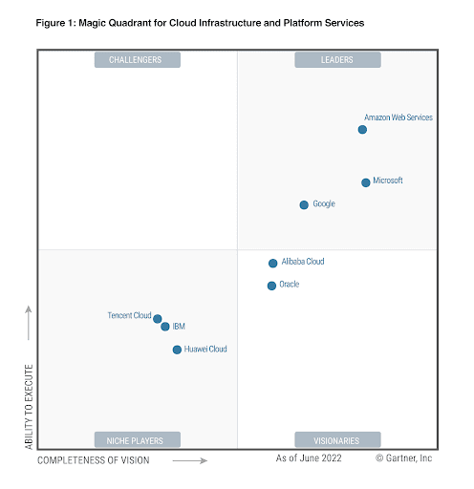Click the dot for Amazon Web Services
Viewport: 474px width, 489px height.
click(x=362, y=130)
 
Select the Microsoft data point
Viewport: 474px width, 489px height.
click(x=366, y=182)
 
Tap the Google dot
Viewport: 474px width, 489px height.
click(x=304, y=204)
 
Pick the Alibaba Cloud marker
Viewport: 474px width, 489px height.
click(x=272, y=264)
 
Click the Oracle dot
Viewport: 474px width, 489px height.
click(x=271, y=286)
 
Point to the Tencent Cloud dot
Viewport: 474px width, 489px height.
click(x=158, y=319)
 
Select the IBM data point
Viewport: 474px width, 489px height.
click(x=165, y=327)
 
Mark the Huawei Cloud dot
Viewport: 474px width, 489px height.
click(x=177, y=350)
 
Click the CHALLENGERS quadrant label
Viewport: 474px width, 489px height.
click(x=138, y=60)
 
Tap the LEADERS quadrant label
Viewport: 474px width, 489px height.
click(x=337, y=60)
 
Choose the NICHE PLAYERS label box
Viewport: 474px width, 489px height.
click(x=138, y=440)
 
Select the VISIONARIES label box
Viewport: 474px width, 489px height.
click(x=337, y=440)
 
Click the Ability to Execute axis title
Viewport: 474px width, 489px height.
click(x=29, y=407)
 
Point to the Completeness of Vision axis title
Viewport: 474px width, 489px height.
click(x=94, y=460)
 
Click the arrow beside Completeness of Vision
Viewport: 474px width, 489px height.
click(x=190, y=460)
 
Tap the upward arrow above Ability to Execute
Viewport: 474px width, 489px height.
click(x=29, y=323)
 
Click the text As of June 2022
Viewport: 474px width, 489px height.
click(x=309, y=458)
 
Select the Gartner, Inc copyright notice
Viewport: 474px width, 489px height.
click(x=403, y=458)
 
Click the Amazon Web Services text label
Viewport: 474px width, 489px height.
click(x=399, y=117)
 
